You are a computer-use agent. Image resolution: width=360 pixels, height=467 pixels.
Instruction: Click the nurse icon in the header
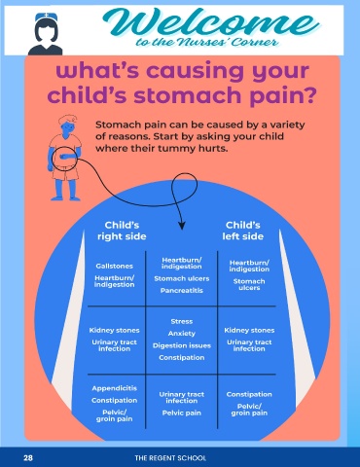pos(46,34)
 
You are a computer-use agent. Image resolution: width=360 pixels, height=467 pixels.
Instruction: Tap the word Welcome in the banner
pos(212,22)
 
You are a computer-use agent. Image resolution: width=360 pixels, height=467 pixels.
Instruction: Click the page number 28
pos(28,458)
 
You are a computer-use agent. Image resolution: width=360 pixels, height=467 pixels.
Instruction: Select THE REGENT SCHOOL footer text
pos(170,458)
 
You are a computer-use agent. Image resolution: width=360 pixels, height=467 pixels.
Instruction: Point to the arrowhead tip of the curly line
pos(182,230)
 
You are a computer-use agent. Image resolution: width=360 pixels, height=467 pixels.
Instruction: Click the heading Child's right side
pos(122,231)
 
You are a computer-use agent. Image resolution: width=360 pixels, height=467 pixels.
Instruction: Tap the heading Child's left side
pos(243,231)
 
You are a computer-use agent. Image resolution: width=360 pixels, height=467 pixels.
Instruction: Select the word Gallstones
pos(115,266)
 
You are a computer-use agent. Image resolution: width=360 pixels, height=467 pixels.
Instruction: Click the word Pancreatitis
pos(182,291)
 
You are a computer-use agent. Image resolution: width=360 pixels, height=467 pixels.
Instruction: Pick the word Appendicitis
pos(115,388)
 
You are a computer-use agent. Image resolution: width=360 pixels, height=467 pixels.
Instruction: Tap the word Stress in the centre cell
pos(182,321)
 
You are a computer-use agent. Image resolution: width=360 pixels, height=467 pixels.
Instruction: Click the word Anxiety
pos(182,334)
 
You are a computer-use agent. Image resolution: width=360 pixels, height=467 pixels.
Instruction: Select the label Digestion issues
pos(182,345)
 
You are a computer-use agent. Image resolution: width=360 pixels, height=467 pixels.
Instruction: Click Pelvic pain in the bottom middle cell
pos(182,413)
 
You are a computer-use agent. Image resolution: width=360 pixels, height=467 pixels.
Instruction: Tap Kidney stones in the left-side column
pos(249,330)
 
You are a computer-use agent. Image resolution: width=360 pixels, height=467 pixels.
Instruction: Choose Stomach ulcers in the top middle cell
pos(182,278)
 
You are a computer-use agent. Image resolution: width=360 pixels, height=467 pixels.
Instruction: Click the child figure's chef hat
pos(68,120)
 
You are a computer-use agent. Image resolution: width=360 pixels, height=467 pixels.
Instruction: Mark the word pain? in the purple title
pos(283,95)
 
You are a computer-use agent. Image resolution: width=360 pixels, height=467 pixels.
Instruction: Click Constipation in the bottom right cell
pos(249,394)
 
